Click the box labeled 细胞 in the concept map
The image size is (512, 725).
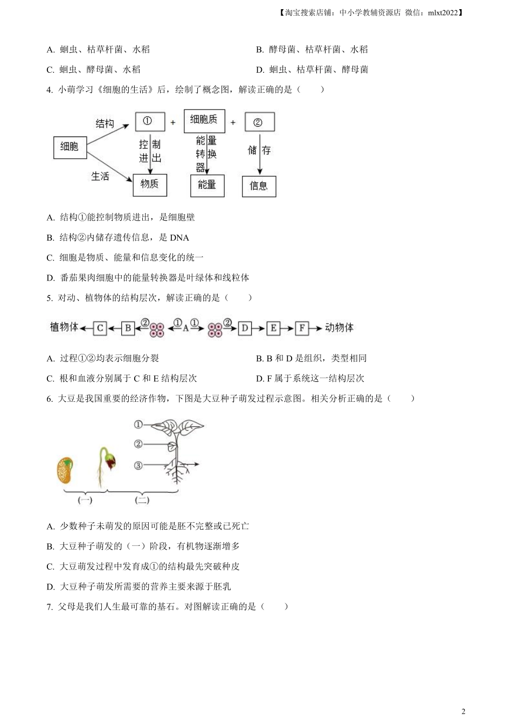(x=70, y=147)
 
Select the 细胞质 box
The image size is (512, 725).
(x=204, y=120)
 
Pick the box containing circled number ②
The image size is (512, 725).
(x=259, y=122)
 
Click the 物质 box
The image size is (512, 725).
(x=150, y=184)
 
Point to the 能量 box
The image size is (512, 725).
(x=207, y=186)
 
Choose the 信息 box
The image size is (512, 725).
(x=259, y=186)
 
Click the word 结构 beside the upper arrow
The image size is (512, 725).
(x=105, y=124)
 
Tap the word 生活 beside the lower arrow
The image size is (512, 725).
(x=100, y=176)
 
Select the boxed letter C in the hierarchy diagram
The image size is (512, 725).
(x=100, y=328)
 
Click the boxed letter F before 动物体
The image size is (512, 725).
(x=302, y=328)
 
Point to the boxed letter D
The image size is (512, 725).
(x=245, y=328)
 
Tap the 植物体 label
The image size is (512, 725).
(x=64, y=327)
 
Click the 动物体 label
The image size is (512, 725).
(x=340, y=327)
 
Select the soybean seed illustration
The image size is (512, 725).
(x=65, y=470)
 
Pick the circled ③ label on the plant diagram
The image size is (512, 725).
(x=139, y=465)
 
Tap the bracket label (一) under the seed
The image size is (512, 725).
(x=85, y=500)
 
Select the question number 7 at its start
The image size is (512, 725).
(x=50, y=606)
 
